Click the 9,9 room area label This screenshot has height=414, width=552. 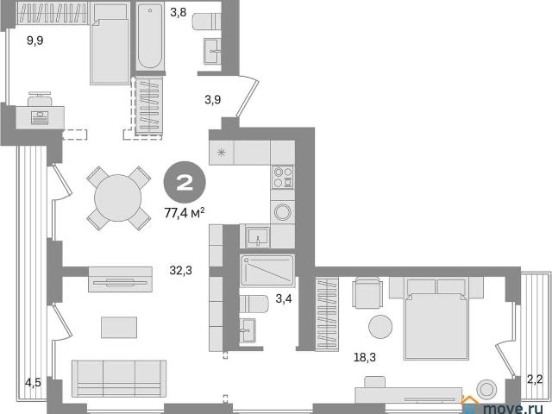click(x=35, y=41)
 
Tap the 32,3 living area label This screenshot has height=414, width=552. click(x=180, y=270)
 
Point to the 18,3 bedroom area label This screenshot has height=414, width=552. click(x=365, y=357)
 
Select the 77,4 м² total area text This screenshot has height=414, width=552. click(x=185, y=213)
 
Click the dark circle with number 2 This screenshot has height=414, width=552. click(x=185, y=182)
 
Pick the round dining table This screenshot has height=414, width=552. click(x=118, y=198)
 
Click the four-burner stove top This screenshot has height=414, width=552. click(x=283, y=177)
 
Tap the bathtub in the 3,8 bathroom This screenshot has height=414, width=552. click(x=150, y=35)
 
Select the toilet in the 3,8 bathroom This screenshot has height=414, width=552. click(x=207, y=22)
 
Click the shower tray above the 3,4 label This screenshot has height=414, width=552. click(x=267, y=270)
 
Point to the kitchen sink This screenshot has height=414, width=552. click(x=259, y=236)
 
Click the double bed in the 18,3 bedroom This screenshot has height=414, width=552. click(x=436, y=318)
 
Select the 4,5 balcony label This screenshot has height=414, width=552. click(x=33, y=382)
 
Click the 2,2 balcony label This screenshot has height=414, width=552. click(x=535, y=379)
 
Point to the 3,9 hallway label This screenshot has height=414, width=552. click(x=213, y=100)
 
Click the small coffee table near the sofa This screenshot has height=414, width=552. click(x=119, y=328)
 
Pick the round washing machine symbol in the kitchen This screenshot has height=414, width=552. click(x=283, y=212)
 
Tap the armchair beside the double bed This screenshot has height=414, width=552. click(x=367, y=292)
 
